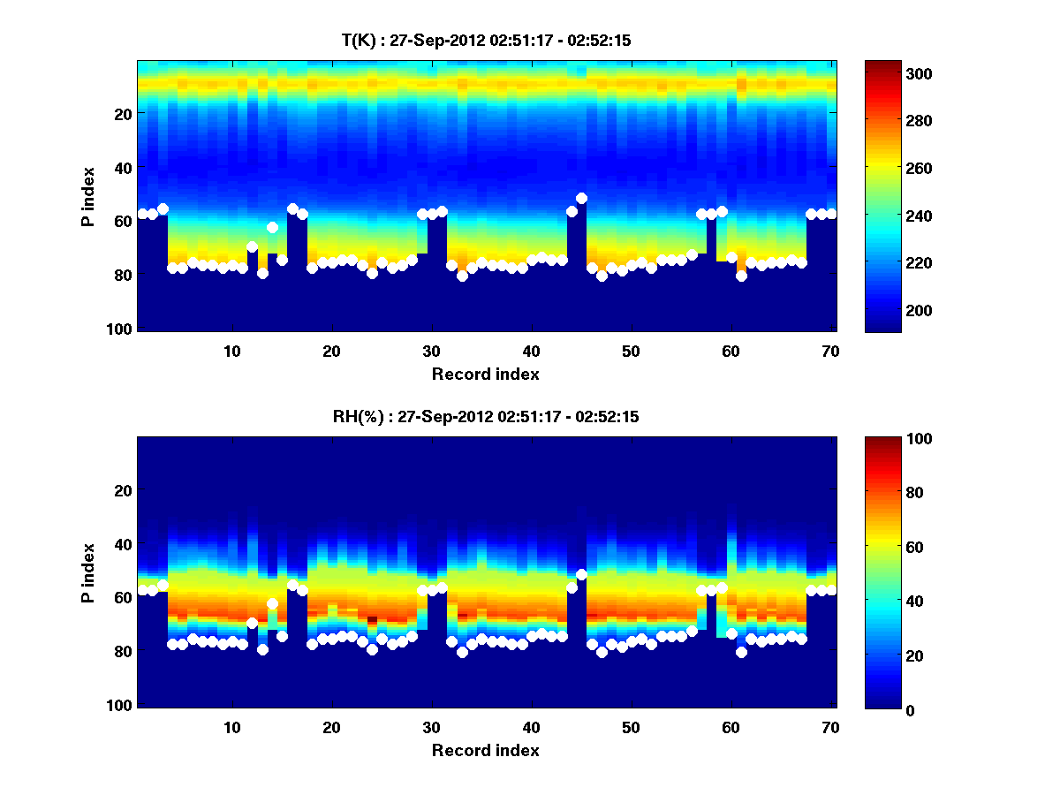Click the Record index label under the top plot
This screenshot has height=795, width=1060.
pos(486,374)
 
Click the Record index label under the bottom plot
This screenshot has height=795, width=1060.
pos(486,750)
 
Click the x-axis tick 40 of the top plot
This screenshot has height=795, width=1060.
pos(531,351)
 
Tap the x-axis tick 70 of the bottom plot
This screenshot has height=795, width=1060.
pos(830,727)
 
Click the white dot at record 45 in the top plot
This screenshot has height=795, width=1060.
pos(581,199)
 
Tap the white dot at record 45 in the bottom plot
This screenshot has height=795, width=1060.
pos(581,575)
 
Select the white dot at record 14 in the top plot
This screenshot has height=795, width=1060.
pos(272,227)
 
